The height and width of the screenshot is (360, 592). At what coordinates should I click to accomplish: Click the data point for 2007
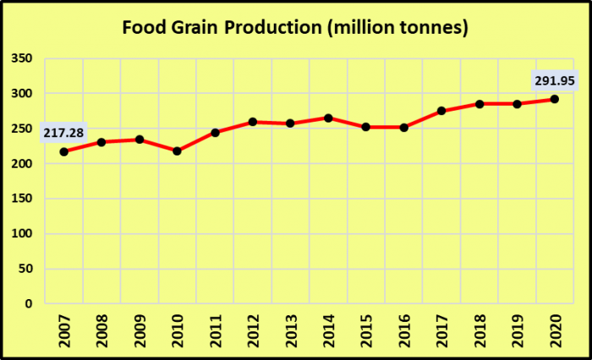pyautogui.click(x=63, y=151)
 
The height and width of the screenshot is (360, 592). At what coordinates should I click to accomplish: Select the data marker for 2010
pyautogui.click(x=177, y=150)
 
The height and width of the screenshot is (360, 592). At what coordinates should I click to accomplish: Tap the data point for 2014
pyautogui.click(x=328, y=117)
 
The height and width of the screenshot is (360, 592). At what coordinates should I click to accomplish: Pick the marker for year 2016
pyautogui.click(x=403, y=127)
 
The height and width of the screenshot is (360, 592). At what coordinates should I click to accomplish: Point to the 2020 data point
pyautogui.click(x=554, y=99)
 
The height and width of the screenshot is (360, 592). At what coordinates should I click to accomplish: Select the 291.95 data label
pyautogui.click(x=554, y=81)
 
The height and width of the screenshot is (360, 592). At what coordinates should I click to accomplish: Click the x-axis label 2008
pyautogui.click(x=101, y=328)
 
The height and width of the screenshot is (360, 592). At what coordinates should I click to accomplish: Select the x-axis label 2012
pyautogui.click(x=253, y=328)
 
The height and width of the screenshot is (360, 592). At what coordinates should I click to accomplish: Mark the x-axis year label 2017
pyautogui.click(x=441, y=328)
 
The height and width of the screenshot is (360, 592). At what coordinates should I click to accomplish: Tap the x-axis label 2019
pyautogui.click(x=517, y=328)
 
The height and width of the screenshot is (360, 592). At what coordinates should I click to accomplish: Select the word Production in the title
pyautogui.click(x=271, y=27)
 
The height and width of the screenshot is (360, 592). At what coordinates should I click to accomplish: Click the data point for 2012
pyautogui.click(x=253, y=122)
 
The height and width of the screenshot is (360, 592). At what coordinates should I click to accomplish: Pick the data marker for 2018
pyautogui.click(x=479, y=104)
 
